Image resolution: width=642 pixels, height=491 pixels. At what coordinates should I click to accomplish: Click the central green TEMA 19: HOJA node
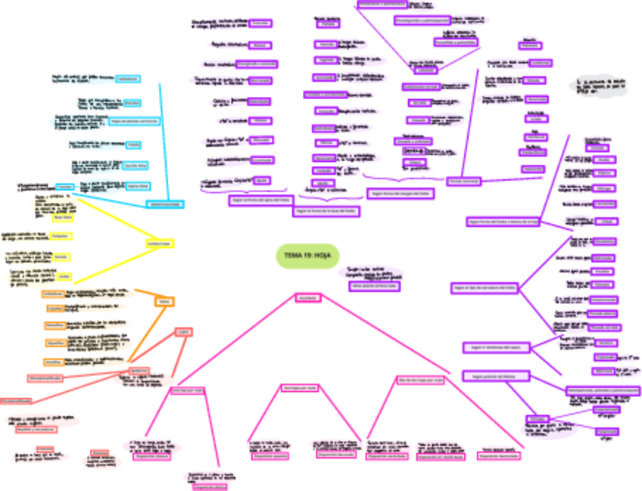click(307, 256)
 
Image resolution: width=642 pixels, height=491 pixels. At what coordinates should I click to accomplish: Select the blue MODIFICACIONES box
click(164, 204)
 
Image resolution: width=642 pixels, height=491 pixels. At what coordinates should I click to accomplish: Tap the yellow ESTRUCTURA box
click(160, 244)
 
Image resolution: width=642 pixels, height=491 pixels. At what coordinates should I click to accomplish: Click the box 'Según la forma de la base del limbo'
click(326, 211)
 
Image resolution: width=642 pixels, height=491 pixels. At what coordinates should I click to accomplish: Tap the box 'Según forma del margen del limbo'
click(401, 194)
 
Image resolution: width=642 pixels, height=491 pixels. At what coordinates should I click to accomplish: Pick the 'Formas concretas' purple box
click(463, 182)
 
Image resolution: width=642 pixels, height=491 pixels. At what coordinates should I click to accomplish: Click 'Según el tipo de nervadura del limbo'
click(485, 288)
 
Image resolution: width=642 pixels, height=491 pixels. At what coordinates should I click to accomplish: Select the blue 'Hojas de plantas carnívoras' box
click(135, 121)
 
